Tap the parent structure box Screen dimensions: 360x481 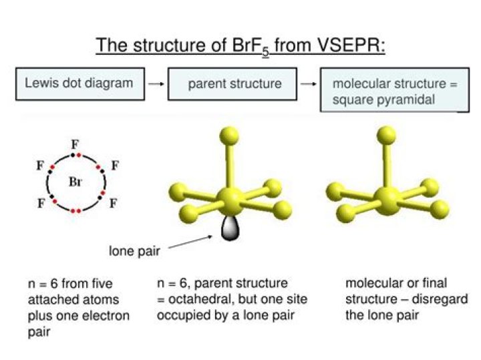point(234,84)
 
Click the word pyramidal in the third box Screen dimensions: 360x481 point(404,100)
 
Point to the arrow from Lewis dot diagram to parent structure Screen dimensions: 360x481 point(156,84)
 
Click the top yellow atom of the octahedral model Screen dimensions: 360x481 point(229,136)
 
